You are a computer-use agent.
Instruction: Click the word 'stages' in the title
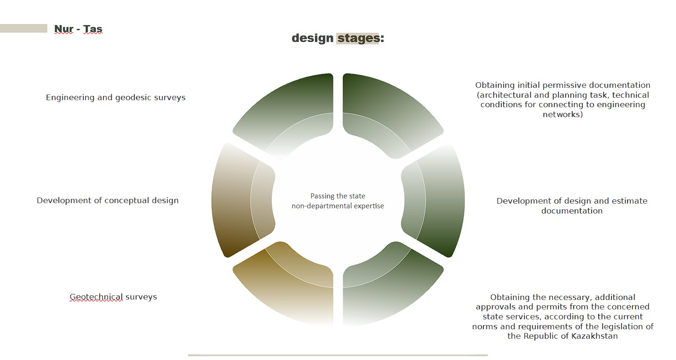(x=358, y=39)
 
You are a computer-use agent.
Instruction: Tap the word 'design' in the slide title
(x=312, y=38)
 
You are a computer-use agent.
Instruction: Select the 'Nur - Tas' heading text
(x=78, y=29)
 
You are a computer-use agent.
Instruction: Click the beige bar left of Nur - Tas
(x=24, y=28)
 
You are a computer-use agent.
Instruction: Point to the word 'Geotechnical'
(x=96, y=297)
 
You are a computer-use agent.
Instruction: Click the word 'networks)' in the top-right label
(x=563, y=115)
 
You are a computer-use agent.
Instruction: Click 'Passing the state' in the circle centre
(x=338, y=196)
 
